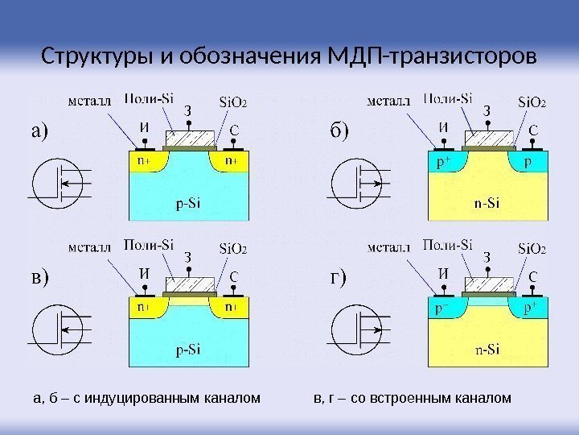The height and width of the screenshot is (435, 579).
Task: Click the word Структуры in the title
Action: [x=89, y=58]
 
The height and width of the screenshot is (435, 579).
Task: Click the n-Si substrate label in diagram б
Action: [x=486, y=202]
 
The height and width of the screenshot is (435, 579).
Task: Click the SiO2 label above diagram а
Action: [x=233, y=102]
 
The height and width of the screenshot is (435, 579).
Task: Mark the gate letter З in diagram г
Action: [x=486, y=258]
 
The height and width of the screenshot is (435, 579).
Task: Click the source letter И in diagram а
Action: [x=144, y=127]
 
